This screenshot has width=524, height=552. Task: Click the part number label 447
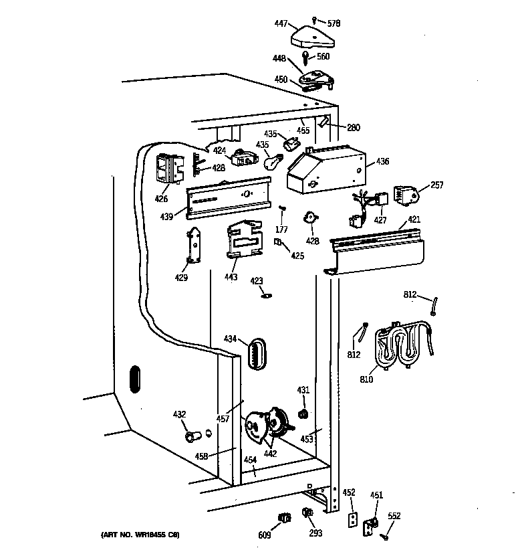[281, 24]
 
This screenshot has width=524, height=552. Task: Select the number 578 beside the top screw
[334, 23]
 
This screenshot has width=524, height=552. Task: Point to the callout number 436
[382, 161]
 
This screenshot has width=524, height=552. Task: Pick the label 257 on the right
[437, 185]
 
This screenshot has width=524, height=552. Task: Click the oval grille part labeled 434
[257, 353]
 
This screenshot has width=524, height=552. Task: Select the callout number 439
[167, 216]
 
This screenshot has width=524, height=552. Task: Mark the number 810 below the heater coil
[366, 380]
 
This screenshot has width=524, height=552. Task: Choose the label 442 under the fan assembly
[269, 453]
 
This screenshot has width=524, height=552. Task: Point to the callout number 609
[264, 535]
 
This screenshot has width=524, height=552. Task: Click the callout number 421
[414, 219]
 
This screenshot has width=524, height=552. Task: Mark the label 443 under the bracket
[231, 277]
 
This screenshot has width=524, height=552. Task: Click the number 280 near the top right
[353, 127]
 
